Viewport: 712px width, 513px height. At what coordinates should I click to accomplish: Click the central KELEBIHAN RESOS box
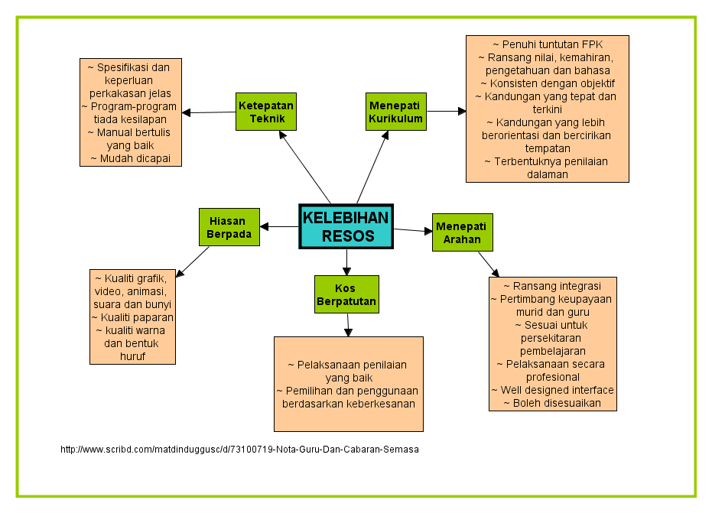pyautogui.click(x=346, y=226)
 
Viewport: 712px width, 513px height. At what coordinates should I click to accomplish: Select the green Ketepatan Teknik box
pyautogui.click(x=265, y=112)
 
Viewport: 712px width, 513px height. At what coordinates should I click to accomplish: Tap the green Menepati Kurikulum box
pyautogui.click(x=395, y=112)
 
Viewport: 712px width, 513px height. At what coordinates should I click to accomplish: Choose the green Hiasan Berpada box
pyautogui.click(x=229, y=227)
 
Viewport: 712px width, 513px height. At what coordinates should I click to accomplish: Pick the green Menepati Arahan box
pyautogui.click(x=462, y=232)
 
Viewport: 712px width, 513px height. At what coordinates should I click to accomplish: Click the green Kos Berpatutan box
pyautogui.click(x=346, y=294)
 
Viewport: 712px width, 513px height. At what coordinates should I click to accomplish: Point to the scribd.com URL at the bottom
pyautogui.click(x=239, y=450)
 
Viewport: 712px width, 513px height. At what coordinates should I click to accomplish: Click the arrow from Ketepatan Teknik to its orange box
pyautogui.click(x=208, y=112)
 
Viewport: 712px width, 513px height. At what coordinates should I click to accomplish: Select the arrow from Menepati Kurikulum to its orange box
pyautogui.click(x=445, y=112)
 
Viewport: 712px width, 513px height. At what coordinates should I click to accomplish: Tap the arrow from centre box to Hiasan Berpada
pyautogui.click(x=279, y=226)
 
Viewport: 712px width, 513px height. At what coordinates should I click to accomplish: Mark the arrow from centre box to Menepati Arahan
pyautogui.click(x=413, y=229)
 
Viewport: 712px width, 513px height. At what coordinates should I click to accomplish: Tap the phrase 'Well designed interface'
pyautogui.click(x=552, y=390)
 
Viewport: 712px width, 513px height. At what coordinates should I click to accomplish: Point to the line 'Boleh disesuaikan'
pyautogui.click(x=552, y=403)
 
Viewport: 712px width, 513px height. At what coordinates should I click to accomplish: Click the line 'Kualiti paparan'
pyautogui.click(x=132, y=317)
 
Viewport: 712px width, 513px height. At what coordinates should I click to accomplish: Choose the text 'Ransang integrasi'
pyautogui.click(x=552, y=286)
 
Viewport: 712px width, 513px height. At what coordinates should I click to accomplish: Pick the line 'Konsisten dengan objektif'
pyautogui.click(x=548, y=83)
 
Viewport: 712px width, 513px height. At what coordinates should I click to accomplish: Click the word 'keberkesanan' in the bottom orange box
pyautogui.click(x=379, y=404)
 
